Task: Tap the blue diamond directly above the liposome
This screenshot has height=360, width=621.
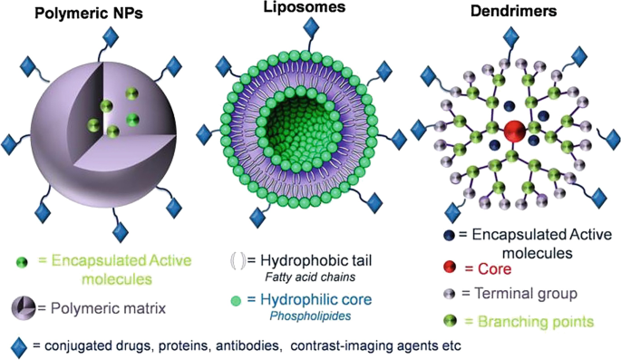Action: [310, 28]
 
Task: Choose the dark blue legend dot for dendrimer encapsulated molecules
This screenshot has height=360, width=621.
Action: [451, 234]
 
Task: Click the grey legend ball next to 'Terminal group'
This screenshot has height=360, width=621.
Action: [450, 294]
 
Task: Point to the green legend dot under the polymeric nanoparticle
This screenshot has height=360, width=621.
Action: [19, 262]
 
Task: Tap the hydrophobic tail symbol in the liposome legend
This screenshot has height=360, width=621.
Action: [236, 263]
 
